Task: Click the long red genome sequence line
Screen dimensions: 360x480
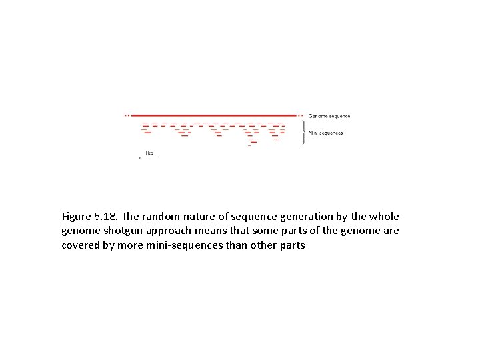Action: [x=213, y=115]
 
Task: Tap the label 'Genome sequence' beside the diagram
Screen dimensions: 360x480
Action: [x=329, y=116]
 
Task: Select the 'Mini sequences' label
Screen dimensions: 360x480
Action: [x=325, y=133]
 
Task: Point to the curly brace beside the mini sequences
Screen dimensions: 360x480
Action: [x=304, y=132]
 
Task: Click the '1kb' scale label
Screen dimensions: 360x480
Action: [x=149, y=153]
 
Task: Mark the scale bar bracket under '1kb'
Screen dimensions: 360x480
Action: [x=149, y=158]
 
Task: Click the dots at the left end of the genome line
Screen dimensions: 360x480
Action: [x=127, y=115]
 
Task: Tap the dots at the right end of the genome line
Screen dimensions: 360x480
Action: [x=301, y=115]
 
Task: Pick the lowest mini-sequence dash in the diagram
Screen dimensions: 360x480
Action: [x=249, y=146]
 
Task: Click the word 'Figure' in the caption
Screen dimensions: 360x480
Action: [x=78, y=217]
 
